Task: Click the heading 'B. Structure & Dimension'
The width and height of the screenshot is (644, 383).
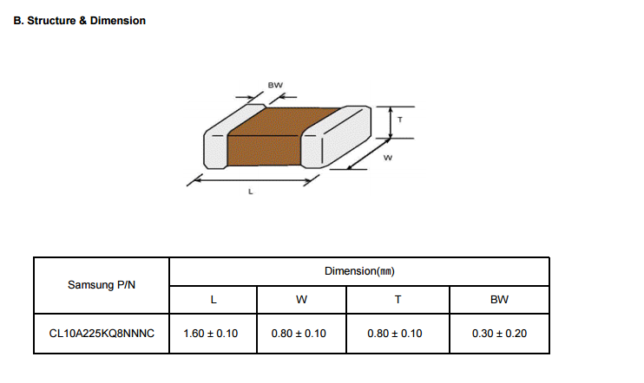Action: [x=80, y=20]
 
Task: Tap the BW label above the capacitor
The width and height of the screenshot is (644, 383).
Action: [x=275, y=85]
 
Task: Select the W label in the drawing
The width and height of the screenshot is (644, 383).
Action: [x=387, y=158]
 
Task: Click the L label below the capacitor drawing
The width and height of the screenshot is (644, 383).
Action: [x=251, y=192]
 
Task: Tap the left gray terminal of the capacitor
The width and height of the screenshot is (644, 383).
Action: [x=214, y=147]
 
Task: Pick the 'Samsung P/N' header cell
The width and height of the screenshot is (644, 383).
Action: [x=101, y=285]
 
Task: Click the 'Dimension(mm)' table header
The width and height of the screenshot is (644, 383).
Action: [x=359, y=271]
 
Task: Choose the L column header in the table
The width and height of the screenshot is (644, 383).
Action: [x=213, y=300]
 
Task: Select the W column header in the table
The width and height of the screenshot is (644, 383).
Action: [x=301, y=300]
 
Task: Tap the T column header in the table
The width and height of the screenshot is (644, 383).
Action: [x=398, y=300]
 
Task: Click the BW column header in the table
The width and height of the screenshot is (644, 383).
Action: [x=499, y=300]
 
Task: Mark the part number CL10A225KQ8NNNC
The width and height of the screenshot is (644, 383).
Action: [x=101, y=334]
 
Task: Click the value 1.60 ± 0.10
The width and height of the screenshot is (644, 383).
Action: [x=211, y=334]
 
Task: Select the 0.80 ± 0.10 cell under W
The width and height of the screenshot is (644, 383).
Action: [x=299, y=334]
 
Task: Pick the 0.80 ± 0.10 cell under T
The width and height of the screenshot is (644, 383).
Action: [x=396, y=334]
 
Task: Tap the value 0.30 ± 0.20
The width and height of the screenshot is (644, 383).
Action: [x=499, y=334]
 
